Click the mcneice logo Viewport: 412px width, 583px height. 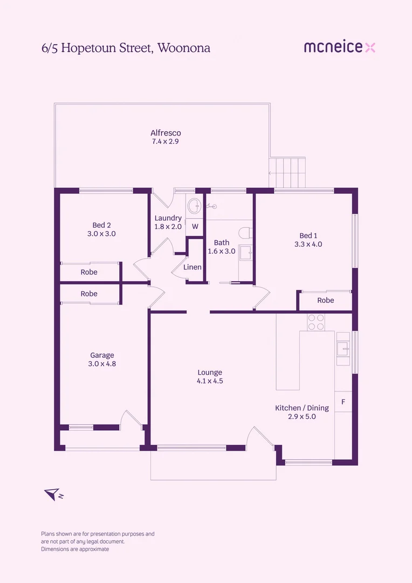point(339,48)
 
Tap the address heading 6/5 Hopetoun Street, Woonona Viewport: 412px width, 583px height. point(126,48)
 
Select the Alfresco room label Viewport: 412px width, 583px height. point(166,133)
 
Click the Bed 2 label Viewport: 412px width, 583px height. point(101,225)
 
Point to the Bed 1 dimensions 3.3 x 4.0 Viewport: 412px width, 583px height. point(308,244)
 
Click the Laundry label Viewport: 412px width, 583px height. point(168,218)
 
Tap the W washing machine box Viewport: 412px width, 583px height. point(195,227)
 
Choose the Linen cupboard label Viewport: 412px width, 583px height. point(193,267)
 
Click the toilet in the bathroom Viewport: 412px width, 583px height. point(245,233)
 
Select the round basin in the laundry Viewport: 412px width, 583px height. point(194,205)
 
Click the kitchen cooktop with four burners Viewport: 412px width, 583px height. point(315,322)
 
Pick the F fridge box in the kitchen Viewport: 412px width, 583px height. point(343,402)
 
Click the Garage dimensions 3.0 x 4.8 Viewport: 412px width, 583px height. point(102,364)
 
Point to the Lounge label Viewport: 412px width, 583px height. point(210,372)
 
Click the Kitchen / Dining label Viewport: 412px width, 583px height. point(302,408)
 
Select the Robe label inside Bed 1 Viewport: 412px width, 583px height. point(325,300)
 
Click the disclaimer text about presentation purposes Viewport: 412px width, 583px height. point(98,541)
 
